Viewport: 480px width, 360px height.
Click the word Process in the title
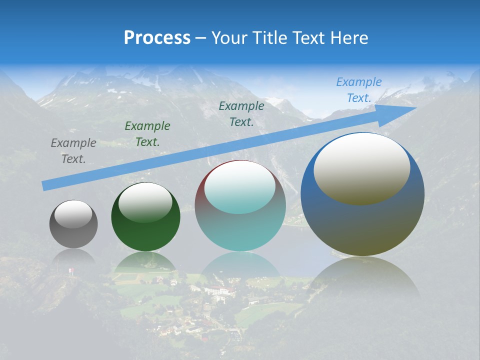click(x=157, y=38)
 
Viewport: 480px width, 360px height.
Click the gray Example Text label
click(x=73, y=151)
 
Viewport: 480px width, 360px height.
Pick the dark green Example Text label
click(x=147, y=134)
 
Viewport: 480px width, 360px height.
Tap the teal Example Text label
click(x=241, y=114)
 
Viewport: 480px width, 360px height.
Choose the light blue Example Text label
click(x=359, y=90)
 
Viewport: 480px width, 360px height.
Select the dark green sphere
click(x=145, y=225)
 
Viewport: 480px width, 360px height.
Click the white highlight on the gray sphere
click(x=73, y=214)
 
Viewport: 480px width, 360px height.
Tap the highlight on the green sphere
click(x=145, y=202)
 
